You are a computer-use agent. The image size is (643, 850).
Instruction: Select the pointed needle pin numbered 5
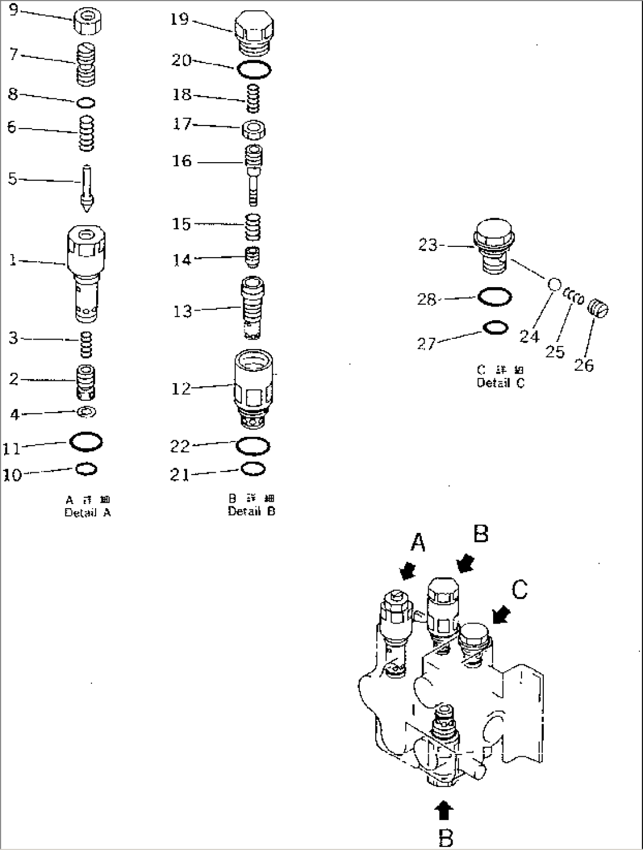(x=87, y=189)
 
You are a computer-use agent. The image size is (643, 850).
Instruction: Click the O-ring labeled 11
(x=86, y=440)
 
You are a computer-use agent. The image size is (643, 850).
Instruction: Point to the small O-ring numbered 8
(x=86, y=103)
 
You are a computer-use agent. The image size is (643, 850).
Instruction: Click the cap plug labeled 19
(x=253, y=29)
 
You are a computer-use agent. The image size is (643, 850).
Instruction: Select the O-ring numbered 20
(x=254, y=70)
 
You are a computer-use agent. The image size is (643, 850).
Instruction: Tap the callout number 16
(x=182, y=161)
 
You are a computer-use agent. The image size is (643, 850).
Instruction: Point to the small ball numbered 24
(x=554, y=284)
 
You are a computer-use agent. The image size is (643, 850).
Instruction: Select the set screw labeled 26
(x=599, y=309)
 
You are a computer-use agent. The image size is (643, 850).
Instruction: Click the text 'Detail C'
(x=500, y=383)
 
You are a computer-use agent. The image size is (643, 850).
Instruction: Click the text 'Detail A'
(x=87, y=513)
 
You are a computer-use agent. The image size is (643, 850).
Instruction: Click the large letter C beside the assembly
(x=519, y=589)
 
